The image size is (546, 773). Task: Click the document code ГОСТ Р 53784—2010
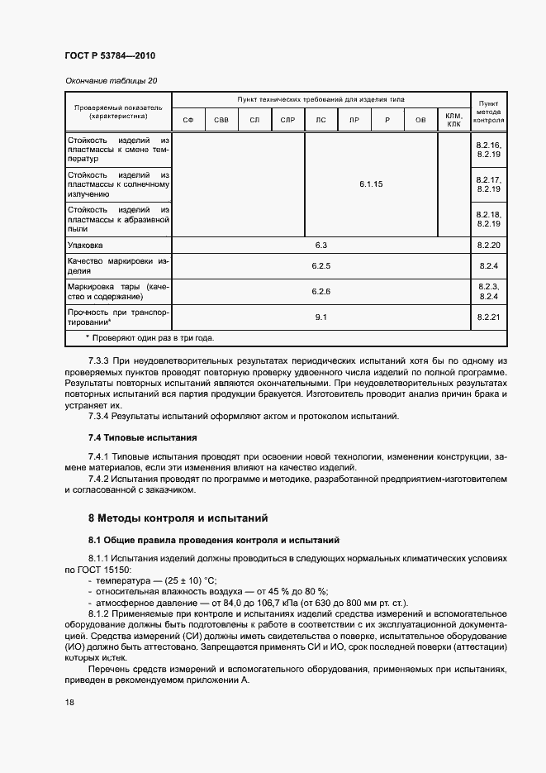tap(109, 55)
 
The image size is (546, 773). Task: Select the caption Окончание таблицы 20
tap(110, 80)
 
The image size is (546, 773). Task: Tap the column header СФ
tap(188, 121)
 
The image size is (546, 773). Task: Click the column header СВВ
tap(221, 121)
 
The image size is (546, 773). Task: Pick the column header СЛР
tap(287, 121)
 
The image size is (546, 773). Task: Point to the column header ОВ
tap(420, 121)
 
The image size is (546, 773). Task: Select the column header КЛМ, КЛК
tap(453, 121)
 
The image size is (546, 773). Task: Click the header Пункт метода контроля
tap(488, 112)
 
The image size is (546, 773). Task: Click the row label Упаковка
tap(85, 246)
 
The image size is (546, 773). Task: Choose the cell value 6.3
tap(321, 246)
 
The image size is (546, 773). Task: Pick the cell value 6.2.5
tap(321, 266)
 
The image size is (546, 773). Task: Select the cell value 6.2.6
tap(321, 292)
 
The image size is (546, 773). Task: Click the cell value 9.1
tap(321, 317)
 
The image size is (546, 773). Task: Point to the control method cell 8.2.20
tap(489, 246)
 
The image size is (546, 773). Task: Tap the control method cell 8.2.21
tap(489, 317)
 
